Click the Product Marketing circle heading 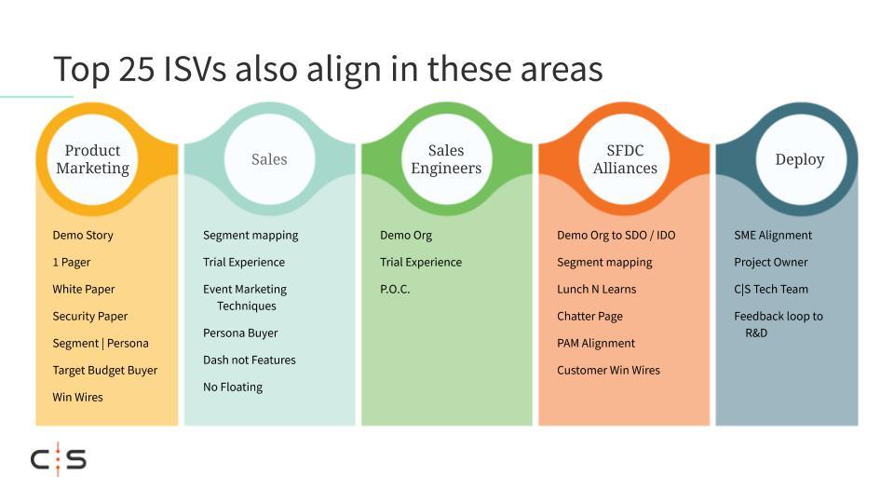click(92, 159)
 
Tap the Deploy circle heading click(799, 159)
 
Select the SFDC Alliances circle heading click(625, 159)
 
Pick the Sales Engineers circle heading click(446, 159)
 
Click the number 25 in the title click(136, 69)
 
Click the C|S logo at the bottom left click(58, 459)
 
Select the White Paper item click(84, 289)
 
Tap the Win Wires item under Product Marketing click(77, 397)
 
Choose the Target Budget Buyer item click(105, 370)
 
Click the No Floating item click(233, 387)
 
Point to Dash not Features click(250, 360)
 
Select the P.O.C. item click(395, 289)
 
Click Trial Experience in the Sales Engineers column click(421, 263)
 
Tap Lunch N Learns click(596, 289)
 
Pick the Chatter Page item click(589, 317)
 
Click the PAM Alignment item click(596, 344)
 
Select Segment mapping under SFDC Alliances click(604, 263)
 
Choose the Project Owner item click(771, 263)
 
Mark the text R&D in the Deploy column click(756, 333)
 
